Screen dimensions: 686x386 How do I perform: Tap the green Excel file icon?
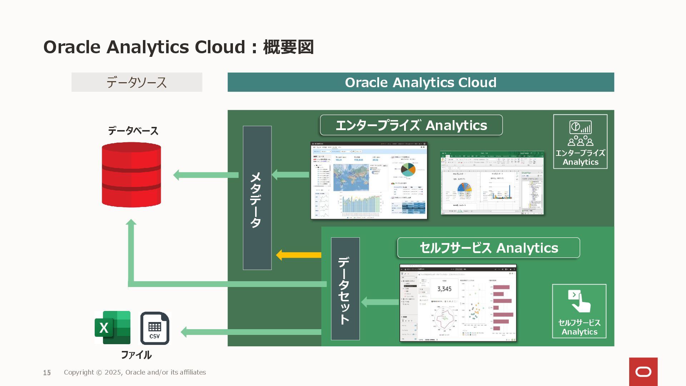click(x=113, y=327)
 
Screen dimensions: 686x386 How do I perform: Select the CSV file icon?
click(x=155, y=328)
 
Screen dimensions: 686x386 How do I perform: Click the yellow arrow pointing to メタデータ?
click(x=299, y=255)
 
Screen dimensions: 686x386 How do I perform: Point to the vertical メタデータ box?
click(x=257, y=198)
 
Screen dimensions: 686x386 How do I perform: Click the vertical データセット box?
click(x=345, y=288)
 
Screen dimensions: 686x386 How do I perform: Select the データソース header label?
click(x=137, y=82)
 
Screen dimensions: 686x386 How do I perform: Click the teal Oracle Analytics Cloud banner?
click(x=421, y=82)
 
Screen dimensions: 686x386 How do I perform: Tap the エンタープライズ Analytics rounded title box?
click(x=411, y=125)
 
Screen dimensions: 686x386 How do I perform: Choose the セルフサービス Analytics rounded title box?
click(x=488, y=248)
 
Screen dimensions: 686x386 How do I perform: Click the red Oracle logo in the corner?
click(x=643, y=372)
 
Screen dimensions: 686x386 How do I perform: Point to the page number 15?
click(x=47, y=373)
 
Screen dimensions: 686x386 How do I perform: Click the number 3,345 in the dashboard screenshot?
click(x=444, y=289)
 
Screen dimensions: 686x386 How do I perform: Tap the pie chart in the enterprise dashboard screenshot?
click(x=408, y=170)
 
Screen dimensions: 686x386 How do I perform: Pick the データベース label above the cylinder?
click(x=133, y=131)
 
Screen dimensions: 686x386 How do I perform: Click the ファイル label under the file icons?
click(x=136, y=355)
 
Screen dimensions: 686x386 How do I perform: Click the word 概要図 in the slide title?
click(x=288, y=47)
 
